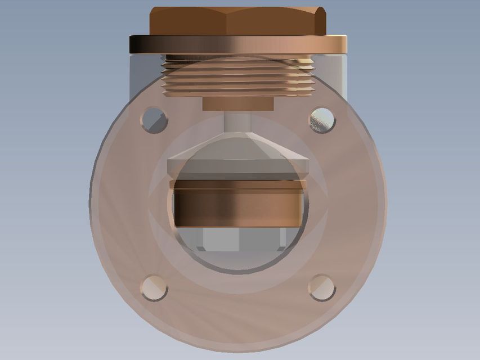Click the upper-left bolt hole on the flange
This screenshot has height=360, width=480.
154,120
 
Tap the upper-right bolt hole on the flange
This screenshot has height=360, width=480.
322,120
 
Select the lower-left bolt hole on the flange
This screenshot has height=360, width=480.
154,287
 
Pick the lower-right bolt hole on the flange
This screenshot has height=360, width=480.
322,287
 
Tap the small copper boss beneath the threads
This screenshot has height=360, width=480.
237,104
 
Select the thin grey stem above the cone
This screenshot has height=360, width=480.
236,121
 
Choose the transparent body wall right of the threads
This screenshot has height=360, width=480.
329,76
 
